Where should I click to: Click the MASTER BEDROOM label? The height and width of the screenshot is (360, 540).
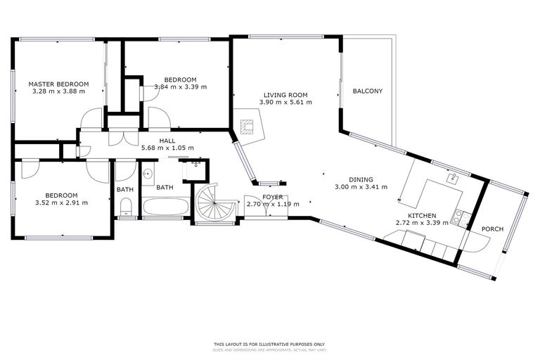coord(58,84)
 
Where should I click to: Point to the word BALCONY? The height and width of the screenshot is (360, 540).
coord(368,91)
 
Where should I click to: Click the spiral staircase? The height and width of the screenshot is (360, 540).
coord(214,205)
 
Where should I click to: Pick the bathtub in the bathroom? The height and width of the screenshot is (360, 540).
coord(165,208)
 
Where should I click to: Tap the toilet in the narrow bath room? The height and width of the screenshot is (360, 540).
coord(125,206)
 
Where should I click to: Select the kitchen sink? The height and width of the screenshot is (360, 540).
coord(454,178)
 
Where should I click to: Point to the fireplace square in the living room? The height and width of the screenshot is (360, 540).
coord(246,127)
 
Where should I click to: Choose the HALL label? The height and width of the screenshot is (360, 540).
coord(167,141)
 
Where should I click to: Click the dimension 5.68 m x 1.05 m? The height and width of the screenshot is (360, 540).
coord(167,148)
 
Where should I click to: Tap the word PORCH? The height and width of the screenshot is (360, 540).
coord(491,229)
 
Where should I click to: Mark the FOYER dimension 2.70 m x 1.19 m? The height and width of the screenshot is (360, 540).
coord(273,204)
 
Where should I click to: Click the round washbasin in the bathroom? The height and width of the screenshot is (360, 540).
coord(148,173)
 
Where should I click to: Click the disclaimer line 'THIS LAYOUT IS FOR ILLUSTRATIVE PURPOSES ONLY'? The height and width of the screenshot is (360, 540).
coord(270,345)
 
